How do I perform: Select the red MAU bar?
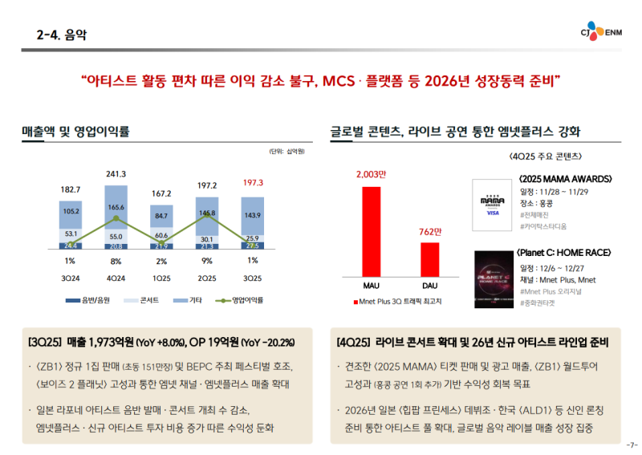[371, 230]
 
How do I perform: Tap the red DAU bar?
[429, 258]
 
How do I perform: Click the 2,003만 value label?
[371, 174]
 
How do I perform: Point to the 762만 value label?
[430, 231]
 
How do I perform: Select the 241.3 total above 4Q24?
[116, 173]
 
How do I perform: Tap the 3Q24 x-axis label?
[71, 278]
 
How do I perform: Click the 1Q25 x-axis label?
[161, 278]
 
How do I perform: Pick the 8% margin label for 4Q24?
[116, 260]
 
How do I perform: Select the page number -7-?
[632, 445]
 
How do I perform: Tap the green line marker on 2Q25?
[207, 215]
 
